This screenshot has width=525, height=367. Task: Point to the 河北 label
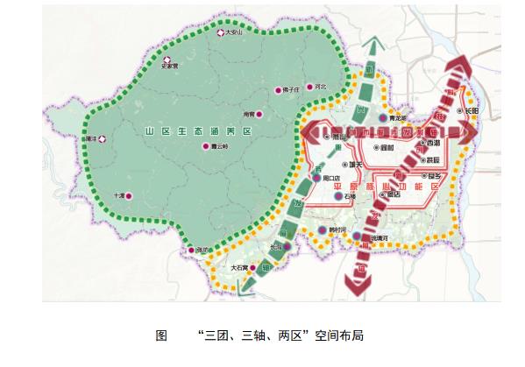pyautogui.click(x=321, y=87)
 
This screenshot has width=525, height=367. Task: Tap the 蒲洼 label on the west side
pyautogui.click(x=88, y=138)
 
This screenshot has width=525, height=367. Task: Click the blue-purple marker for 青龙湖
pyautogui.click(x=383, y=116)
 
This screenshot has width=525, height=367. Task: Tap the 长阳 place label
pyautogui.click(x=472, y=112)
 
